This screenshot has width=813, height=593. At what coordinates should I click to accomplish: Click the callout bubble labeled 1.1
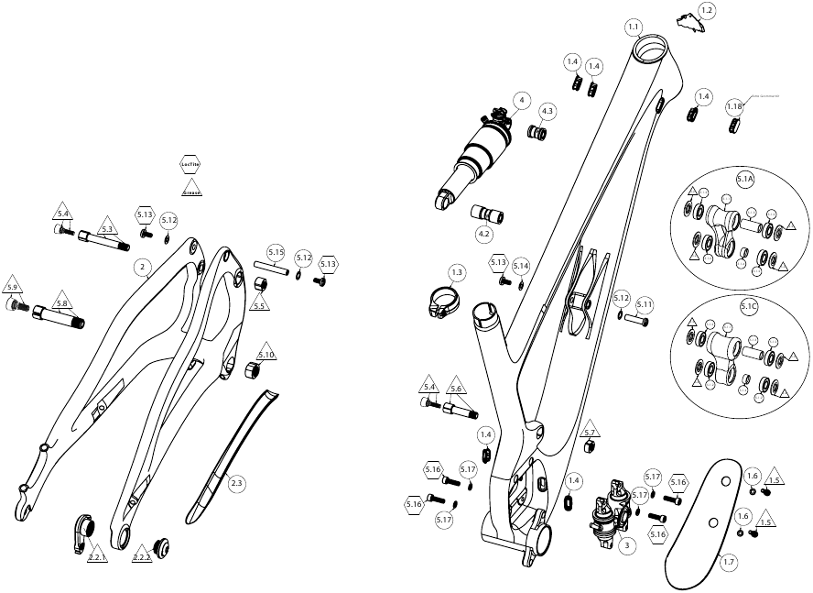pos(634,26)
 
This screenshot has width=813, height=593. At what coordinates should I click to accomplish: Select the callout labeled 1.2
pos(707,11)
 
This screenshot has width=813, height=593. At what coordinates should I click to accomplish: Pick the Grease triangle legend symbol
pos(191,190)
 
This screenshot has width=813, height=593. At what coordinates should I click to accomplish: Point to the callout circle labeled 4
pos(520,100)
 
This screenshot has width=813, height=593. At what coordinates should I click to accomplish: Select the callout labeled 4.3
pos(547,111)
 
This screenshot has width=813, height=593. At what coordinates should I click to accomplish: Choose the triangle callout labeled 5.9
pos(13,284)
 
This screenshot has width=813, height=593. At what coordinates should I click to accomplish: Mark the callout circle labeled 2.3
pos(236,482)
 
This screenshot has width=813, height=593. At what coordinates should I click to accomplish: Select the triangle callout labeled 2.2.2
pos(142,555)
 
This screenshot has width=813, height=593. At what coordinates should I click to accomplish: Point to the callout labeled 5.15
pos(276,252)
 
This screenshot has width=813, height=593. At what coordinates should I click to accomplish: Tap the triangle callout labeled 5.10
pos(266,353)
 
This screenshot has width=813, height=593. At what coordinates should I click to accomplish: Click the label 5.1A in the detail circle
pos(744,180)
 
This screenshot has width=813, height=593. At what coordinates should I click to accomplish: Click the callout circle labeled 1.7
pos(729,563)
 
